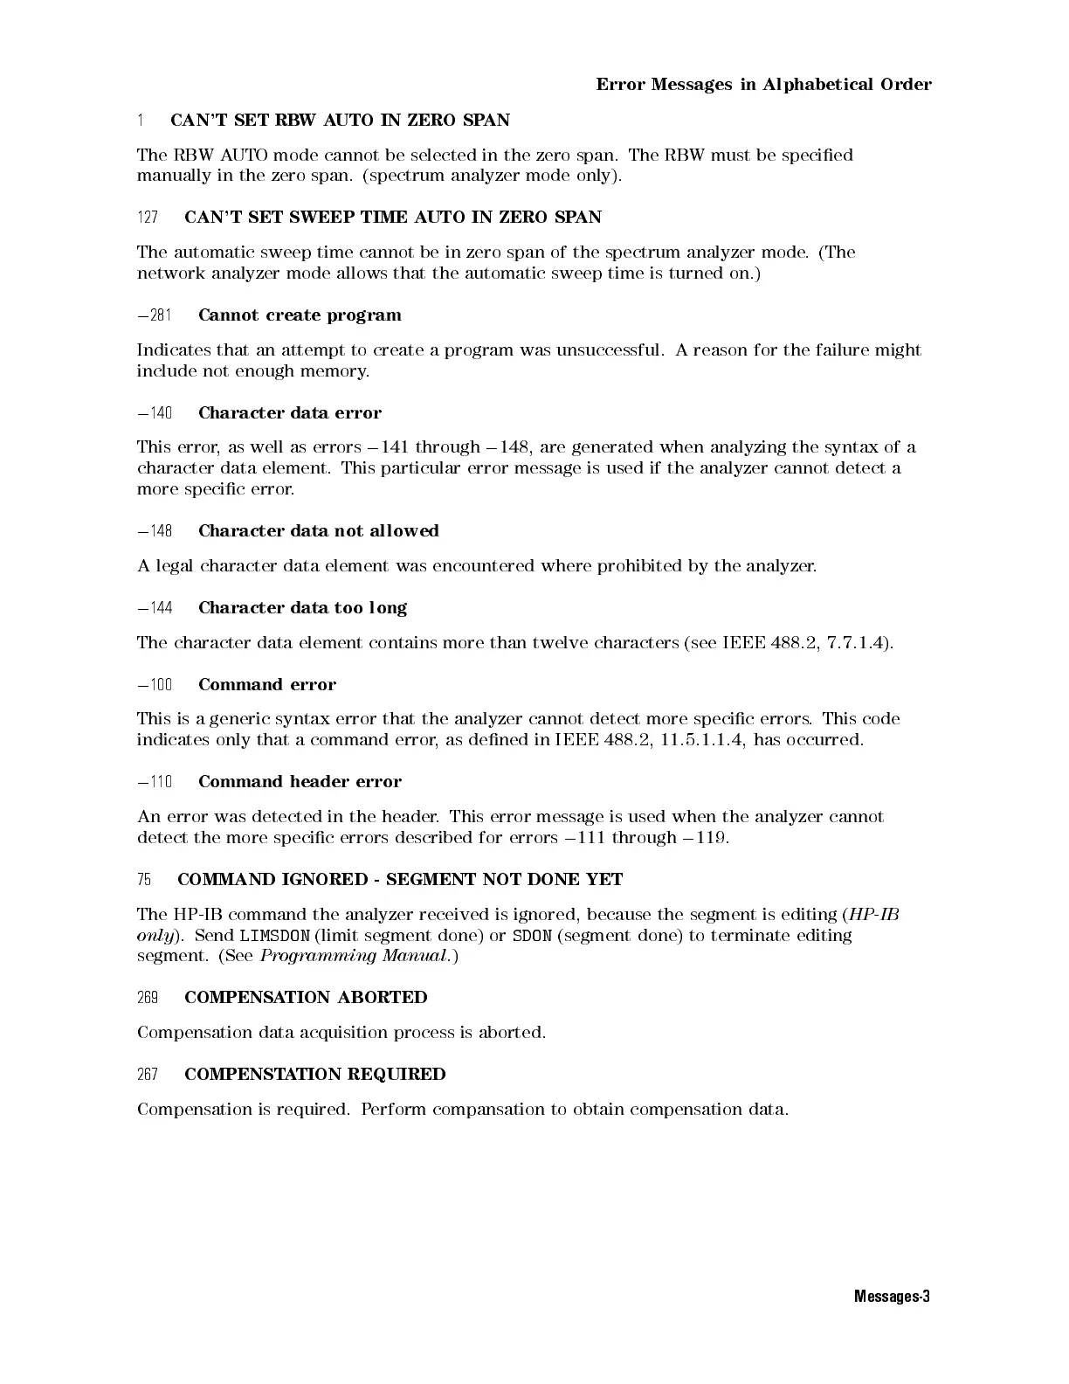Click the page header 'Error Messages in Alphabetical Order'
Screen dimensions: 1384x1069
(x=763, y=85)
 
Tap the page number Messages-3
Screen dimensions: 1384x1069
(x=892, y=1297)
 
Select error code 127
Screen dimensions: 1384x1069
(x=148, y=218)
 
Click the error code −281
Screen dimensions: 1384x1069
(x=155, y=315)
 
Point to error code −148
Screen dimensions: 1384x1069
(x=155, y=531)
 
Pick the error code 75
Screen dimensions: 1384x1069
(x=144, y=880)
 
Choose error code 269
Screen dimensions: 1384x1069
(x=148, y=998)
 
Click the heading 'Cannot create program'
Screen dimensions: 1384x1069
(x=300, y=315)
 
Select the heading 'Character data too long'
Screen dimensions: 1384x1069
(x=302, y=608)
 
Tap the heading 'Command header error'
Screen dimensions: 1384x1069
(x=300, y=782)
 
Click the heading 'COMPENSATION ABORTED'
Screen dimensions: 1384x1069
(x=306, y=998)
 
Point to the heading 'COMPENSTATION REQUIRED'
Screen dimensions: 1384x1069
(x=314, y=1075)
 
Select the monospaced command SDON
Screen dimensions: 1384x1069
(x=532, y=936)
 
